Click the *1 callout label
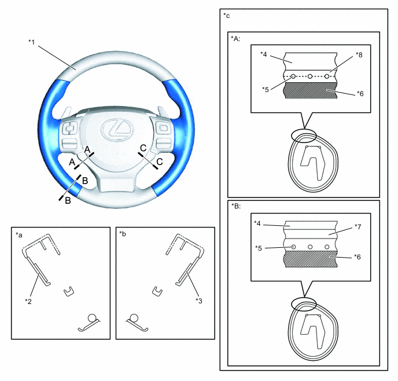(x=31, y=42)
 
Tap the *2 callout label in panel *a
(x=28, y=301)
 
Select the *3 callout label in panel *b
(x=199, y=301)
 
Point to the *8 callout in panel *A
(x=359, y=54)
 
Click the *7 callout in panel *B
(x=358, y=226)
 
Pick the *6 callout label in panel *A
(x=360, y=94)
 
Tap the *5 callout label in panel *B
(x=259, y=248)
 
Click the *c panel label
(x=226, y=16)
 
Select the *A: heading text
(x=235, y=39)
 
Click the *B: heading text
(x=236, y=206)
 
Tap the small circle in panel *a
(x=92, y=318)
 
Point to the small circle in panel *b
(x=134, y=318)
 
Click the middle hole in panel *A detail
(x=310, y=76)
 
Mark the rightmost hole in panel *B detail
(x=327, y=247)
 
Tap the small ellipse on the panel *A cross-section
(x=304, y=135)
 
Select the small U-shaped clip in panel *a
(x=68, y=291)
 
